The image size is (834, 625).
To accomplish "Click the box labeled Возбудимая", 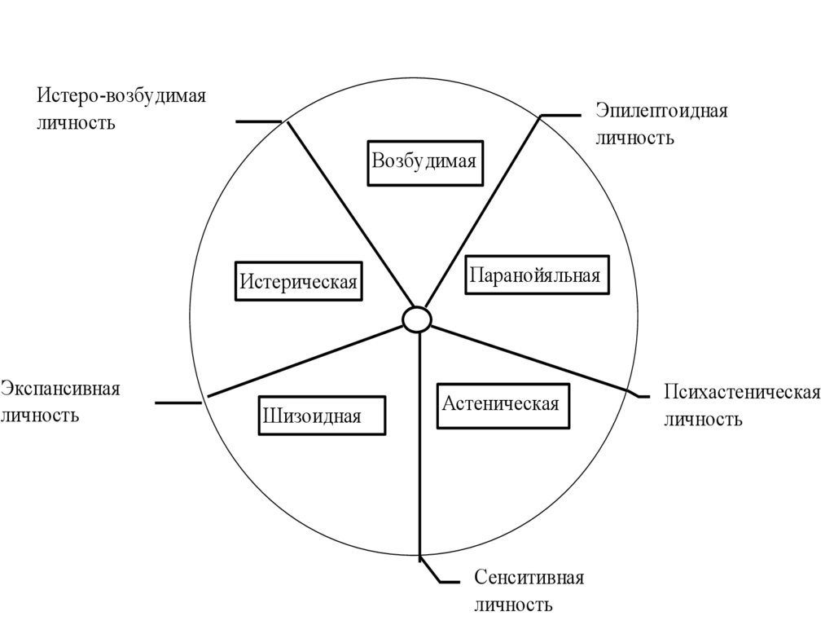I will tap(423, 161).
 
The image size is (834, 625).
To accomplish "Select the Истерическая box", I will tap(298, 281).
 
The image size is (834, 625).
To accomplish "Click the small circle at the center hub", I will tap(417, 319).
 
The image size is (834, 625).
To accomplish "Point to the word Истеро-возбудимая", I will tap(121, 96).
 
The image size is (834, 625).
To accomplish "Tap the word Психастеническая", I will tap(741, 392).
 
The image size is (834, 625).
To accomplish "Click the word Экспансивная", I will tap(60, 388).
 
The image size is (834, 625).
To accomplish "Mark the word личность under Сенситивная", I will tap(513, 605).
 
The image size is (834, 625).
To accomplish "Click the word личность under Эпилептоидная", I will tap(634, 138).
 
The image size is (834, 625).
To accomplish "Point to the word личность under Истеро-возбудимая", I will tap(76, 124).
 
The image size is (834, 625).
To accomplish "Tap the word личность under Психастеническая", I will tap(703, 420).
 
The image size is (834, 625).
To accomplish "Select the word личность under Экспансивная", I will tap(40, 416).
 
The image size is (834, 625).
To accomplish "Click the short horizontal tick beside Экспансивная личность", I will tap(178, 403).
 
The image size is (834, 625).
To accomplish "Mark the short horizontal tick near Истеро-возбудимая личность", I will tap(258, 121).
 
